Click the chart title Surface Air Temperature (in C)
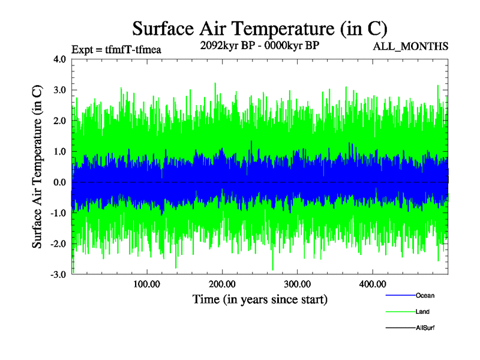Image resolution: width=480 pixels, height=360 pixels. pyautogui.click(x=260, y=29)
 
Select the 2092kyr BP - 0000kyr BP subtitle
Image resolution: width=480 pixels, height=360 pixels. pyautogui.click(x=260, y=47)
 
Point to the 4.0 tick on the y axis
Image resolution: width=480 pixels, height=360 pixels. pyautogui.click(x=60, y=59)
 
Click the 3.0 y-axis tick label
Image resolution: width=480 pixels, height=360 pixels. pyautogui.click(x=60, y=90)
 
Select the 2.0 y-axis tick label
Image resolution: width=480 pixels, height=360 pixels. pyautogui.click(x=60, y=121)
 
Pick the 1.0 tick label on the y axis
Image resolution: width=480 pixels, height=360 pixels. pyautogui.click(x=60, y=151)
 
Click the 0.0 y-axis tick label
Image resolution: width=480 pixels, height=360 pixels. pyautogui.click(x=60, y=182)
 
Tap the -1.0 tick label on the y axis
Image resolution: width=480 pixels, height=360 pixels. pyautogui.click(x=58, y=213)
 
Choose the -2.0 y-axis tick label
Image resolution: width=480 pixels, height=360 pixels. pyautogui.click(x=58, y=244)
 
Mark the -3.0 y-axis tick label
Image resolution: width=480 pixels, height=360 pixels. pyautogui.click(x=58, y=274)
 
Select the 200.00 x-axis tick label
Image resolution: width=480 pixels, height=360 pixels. pyautogui.click(x=222, y=284)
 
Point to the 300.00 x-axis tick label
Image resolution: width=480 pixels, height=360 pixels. pyautogui.click(x=297, y=284)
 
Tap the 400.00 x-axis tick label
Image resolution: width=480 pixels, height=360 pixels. pyautogui.click(x=372, y=284)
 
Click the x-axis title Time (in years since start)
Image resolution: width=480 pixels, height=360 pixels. pyautogui.click(x=260, y=299)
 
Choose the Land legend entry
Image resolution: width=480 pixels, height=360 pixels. pyautogui.click(x=422, y=312)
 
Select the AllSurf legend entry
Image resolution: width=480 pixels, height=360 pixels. pyautogui.click(x=425, y=328)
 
